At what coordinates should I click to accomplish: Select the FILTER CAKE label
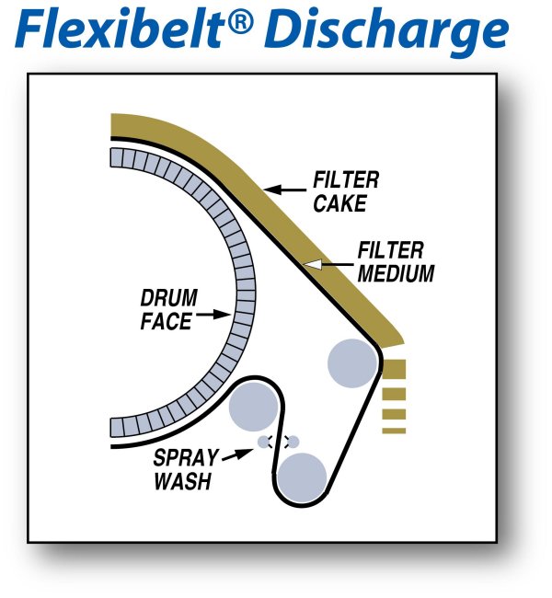pyautogui.click(x=345, y=190)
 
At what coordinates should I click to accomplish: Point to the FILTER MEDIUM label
pyautogui.click(x=391, y=262)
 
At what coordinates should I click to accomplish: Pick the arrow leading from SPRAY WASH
pyautogui.click(x=238, y=450)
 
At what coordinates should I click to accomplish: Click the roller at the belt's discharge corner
pyautogui.click(x=351, y=362)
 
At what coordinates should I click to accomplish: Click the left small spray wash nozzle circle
pyautogui.click(x=264, y=442)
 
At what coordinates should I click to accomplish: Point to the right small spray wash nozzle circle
pyautogui.click(x=293, y=442)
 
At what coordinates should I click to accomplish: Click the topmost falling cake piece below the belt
pyautogui.click(x=394, y=370)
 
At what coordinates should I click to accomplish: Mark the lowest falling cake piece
pyautogui.click(x=394, y=428)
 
